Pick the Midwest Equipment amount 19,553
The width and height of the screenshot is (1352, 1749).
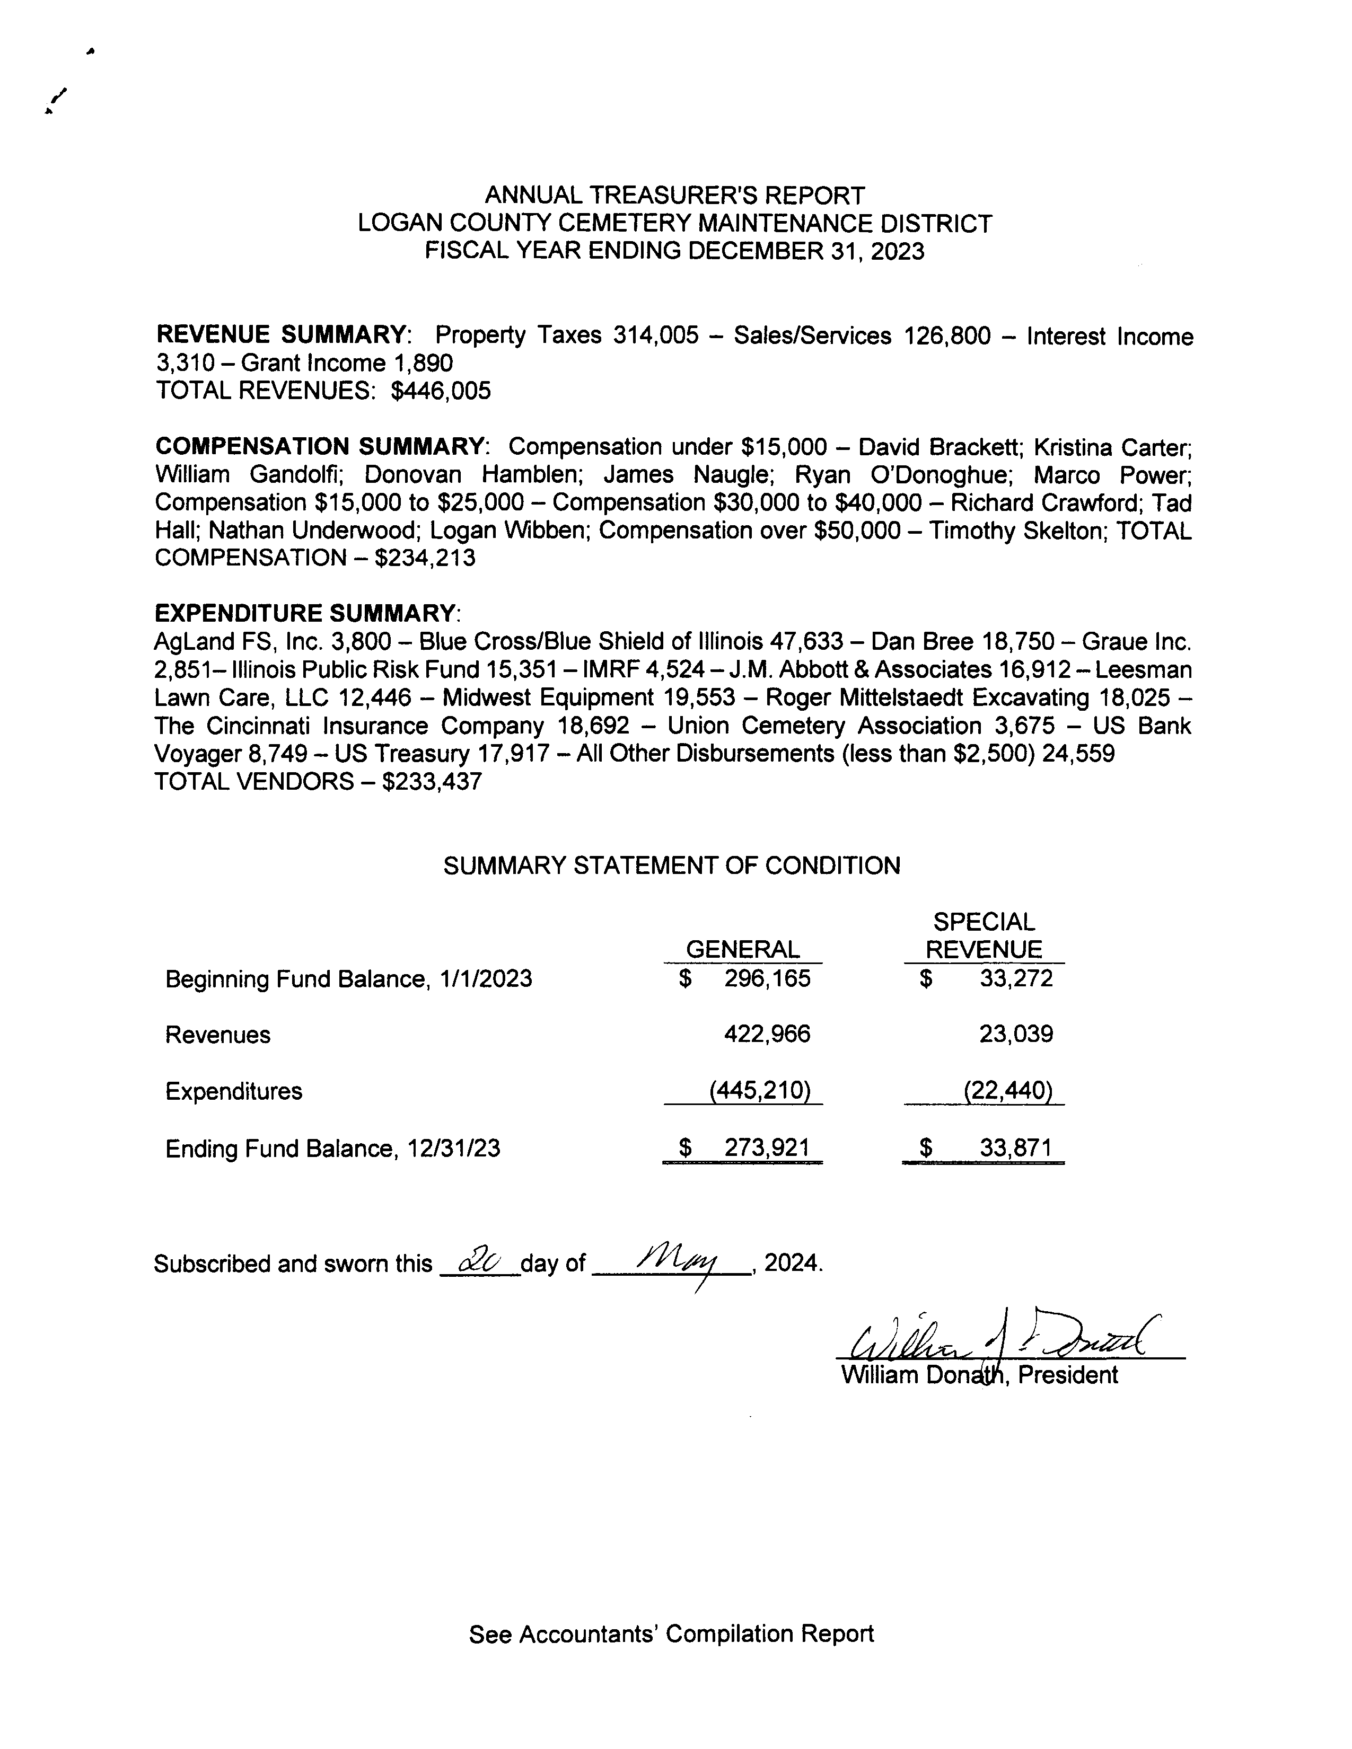(699, 697)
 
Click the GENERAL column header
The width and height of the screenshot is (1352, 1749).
(742, 949)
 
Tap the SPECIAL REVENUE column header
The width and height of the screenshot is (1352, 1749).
(984, 935)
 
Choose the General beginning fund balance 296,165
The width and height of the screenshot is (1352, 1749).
(767, 978)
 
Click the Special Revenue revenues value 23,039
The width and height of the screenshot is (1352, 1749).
(1016, 1034)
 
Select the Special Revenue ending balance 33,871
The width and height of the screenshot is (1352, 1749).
(1016, 1149)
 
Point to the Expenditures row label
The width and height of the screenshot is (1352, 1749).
(234, 1091)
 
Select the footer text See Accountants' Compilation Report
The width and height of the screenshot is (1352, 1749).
(671, 1633)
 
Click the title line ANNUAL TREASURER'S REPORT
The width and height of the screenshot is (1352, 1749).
(674, 196)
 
